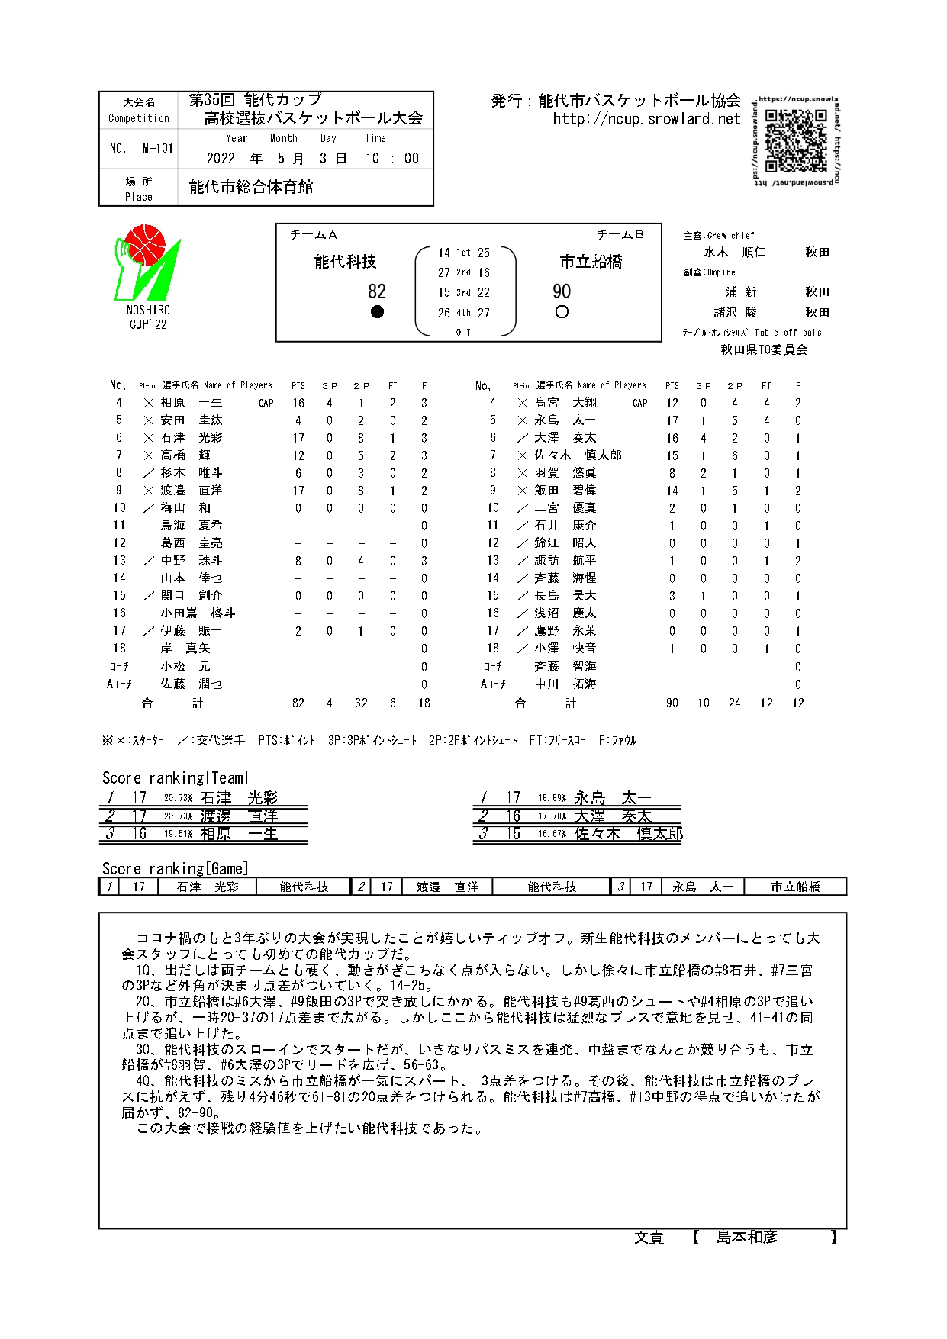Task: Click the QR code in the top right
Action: (796, 140)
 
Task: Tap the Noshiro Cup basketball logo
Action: (148, 262)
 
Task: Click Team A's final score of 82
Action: (377, 291)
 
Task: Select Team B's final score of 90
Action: (562, 291)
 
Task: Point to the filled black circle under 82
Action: (377, 312)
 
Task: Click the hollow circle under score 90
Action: (562, 312)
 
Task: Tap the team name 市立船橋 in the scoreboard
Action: (591, 262)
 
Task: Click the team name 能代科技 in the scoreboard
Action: (346, 262)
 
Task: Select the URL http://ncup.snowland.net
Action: (646, 119)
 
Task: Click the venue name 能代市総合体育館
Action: (251, 187)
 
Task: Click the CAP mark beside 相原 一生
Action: (266, 404)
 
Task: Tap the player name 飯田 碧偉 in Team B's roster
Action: (565, 491)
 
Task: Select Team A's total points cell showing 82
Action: (298, 703)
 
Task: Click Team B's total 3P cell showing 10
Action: (704, 703)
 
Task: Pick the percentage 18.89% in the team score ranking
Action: (552, 798)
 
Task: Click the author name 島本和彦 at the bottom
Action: (746, 1237)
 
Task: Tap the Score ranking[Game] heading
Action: (175, 868)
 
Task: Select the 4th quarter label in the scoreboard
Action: (463, 313)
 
